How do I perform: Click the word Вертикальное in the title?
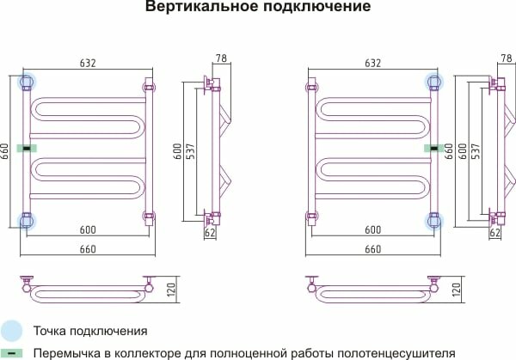190,9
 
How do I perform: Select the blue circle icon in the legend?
12,330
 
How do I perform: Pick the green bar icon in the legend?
12,351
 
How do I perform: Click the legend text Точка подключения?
90,330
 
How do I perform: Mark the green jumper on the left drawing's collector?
28,149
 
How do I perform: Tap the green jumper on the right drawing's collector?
427,149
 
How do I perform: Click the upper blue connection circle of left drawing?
28,82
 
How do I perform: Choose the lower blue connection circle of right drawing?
431,221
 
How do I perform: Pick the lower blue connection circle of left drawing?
28,221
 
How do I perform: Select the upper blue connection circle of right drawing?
431,82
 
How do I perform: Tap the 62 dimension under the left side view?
210,233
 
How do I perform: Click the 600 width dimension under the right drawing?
372,230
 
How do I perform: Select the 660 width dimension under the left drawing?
87,249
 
